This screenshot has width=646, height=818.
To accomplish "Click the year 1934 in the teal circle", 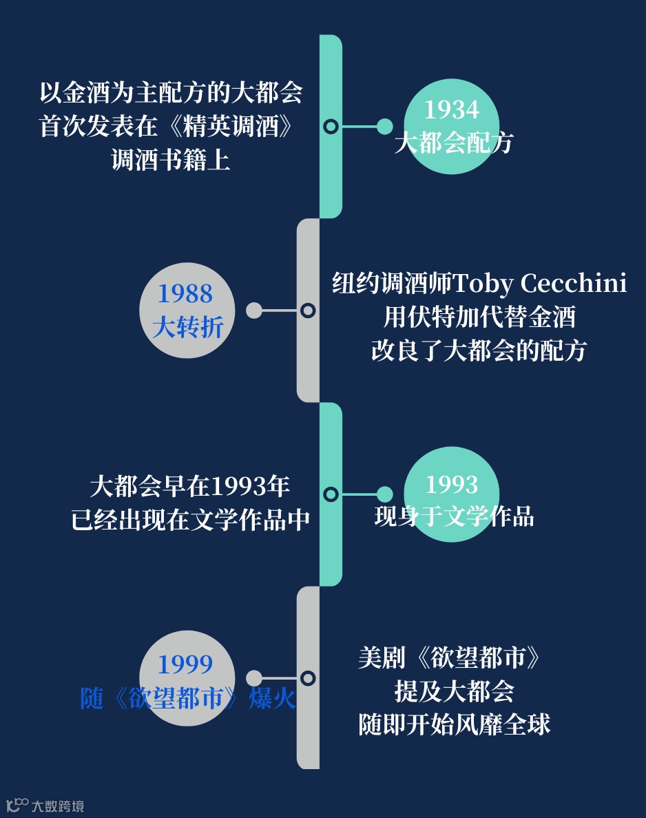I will (451, 110).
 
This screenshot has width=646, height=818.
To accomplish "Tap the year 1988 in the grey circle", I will (185, 294).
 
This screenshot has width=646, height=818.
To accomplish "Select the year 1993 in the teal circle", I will (451, 485).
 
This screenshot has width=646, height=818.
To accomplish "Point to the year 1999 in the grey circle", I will (185, 664).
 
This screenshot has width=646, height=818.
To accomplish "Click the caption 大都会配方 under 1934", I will (454, 143).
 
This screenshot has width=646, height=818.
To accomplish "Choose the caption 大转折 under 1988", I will (187, 327).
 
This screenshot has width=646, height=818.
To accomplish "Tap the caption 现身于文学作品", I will (454, 516).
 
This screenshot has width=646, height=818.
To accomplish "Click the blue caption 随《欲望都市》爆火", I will (187, 698).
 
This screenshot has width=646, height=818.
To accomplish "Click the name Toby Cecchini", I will (539, 283).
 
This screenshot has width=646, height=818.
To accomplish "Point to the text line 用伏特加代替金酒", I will (479, 317).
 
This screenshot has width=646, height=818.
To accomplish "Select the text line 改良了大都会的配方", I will (479, 350).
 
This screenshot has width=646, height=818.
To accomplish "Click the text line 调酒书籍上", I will (171, 160).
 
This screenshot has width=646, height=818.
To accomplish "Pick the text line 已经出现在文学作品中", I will (190, 520).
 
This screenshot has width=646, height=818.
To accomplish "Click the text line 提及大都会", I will (455, 691).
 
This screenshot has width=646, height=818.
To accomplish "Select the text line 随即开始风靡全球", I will (455, 724).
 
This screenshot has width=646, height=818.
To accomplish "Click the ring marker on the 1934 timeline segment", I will (331, 127).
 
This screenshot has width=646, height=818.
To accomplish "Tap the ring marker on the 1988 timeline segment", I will (308, 311).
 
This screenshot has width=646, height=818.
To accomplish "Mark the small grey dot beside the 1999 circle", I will (253, 678).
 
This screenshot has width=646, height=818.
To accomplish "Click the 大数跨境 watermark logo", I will (45, 805).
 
